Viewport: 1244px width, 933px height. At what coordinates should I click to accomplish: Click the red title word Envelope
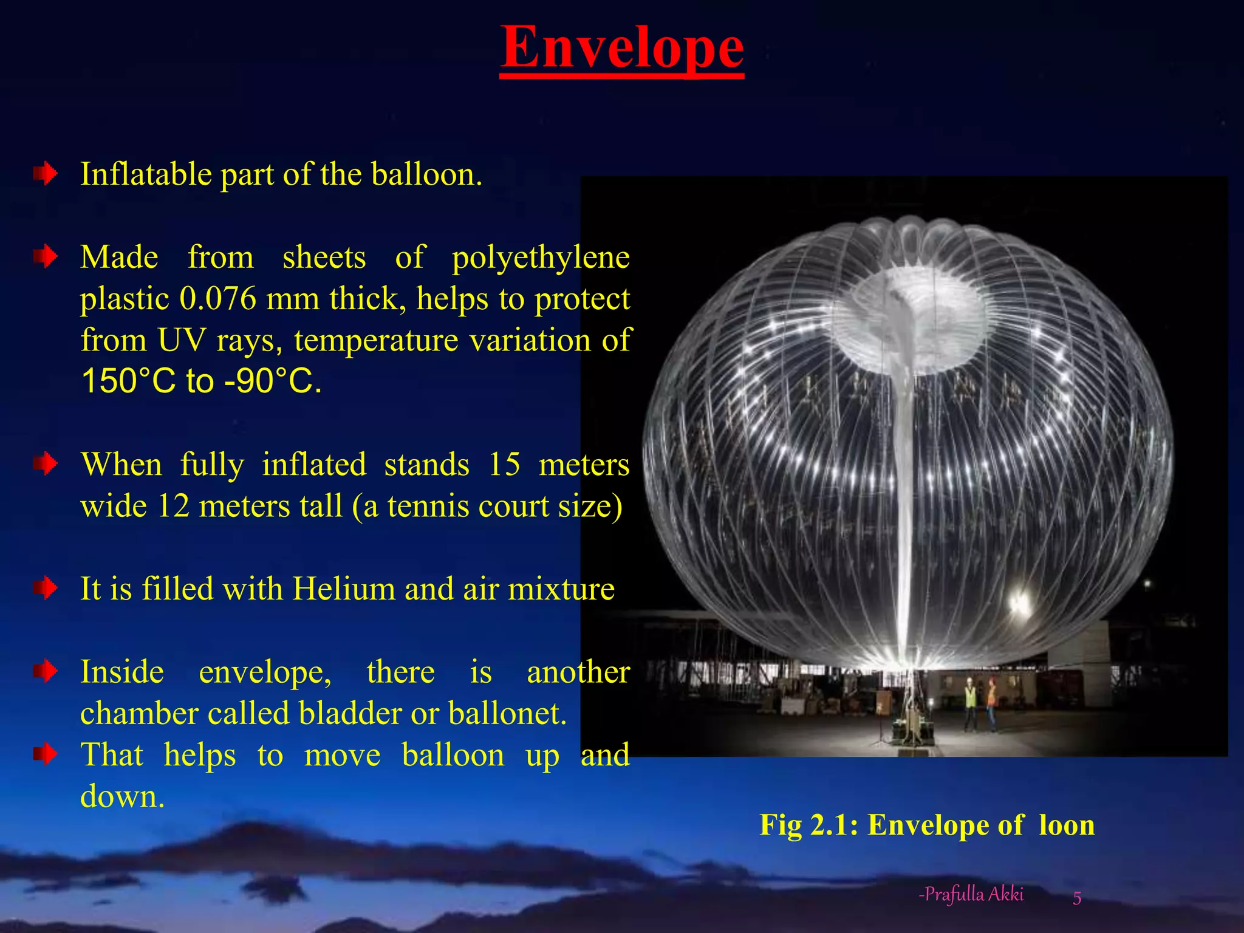pyautogui.click(x=622, y=49)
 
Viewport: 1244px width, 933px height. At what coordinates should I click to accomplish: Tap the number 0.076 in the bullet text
pyautogui.click(x=218, y=299)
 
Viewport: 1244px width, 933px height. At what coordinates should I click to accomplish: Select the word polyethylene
pyautogui.click(x=541, y=257)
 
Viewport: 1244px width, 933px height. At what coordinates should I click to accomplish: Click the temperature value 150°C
pyautogui.click(x=128, y=381)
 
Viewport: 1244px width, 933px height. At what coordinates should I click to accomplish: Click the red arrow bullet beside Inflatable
pyautogui.click(x=46, y=175)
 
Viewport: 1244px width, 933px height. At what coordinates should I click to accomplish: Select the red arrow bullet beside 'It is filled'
pyautogui.click(x=46, y=589)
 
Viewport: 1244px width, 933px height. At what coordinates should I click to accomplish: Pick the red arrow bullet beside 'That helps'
pyautogui.click(x=46, y=754)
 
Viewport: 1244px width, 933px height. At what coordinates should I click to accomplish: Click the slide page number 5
pyautogui.click(x=1077, y=898)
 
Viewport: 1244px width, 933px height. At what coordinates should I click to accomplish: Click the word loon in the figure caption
pyautogui.click(x=1067, y=825)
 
